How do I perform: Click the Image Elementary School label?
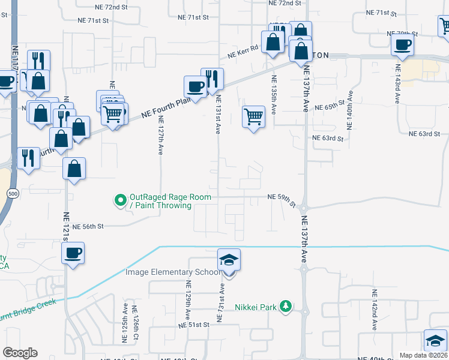(173, 272)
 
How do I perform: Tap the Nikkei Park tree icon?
(287, 307)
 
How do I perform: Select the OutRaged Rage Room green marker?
(120, 200)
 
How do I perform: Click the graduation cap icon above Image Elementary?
(229, 260)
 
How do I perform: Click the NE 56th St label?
(88, 227)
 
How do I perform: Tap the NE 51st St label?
(194, 325)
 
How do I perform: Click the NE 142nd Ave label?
(374, 310)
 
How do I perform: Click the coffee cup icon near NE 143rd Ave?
(403, 43)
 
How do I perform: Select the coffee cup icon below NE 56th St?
(73, 253)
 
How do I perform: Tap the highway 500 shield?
(12, 193)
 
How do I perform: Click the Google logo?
(20, 353)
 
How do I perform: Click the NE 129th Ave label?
(188, 301)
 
